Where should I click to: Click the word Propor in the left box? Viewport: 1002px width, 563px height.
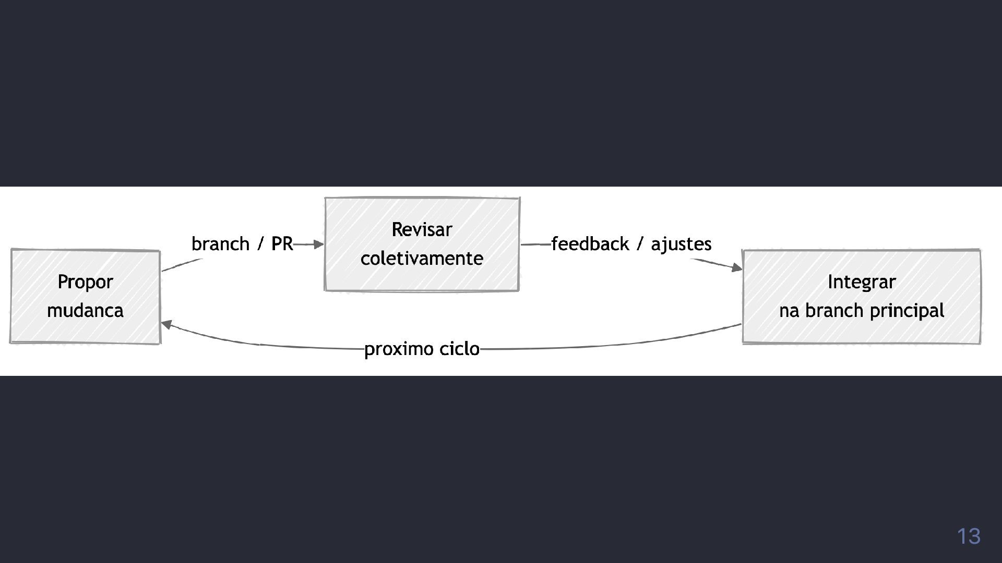click(x=85, y=282)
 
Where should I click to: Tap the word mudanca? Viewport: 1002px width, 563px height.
click(x=85, y=311)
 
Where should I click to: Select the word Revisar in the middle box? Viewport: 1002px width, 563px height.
click(x=422, y=229)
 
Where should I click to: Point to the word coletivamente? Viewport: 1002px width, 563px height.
click(x=422, y=259)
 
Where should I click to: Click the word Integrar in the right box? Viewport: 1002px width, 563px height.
click(x=862, y=282)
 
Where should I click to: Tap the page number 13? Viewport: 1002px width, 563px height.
click(x=968, y=536)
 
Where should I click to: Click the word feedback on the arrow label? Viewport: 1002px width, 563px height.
click(x=590, y=244)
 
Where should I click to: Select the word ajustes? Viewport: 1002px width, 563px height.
click(x=681, y=244)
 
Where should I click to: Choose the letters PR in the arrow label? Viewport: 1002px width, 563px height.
click(x=282, y=244)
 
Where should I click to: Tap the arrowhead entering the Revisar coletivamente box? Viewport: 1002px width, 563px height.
click(x=319, y=244)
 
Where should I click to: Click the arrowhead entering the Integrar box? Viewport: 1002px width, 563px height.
click(x=736, y=268)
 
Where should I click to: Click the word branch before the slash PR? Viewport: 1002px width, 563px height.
click(x=220, y=244)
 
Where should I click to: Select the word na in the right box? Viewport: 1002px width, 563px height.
click(x=789, y=311)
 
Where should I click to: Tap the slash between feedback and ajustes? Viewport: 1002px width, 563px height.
click(x=640, y=244)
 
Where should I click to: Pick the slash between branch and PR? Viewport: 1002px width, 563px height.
click(x=260, y=244)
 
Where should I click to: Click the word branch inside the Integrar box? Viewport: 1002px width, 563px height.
click(x=834, y=311)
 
